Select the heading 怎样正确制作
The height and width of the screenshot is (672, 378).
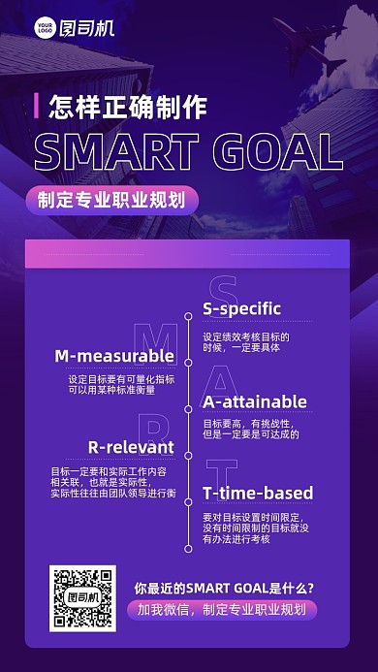127,107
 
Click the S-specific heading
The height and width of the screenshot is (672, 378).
241,308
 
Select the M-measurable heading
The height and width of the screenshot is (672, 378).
114,355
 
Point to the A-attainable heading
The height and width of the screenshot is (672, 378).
254,401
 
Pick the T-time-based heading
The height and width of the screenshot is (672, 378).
257,494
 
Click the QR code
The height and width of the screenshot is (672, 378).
81,598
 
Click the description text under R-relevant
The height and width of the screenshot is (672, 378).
113,482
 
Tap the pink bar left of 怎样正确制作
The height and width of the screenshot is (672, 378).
36,107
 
